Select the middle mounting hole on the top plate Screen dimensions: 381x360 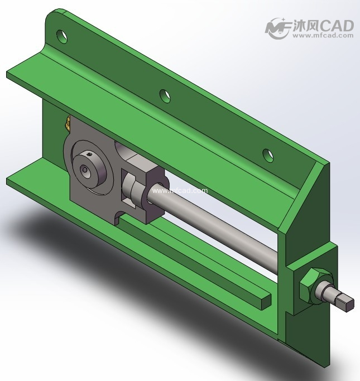[164, 96]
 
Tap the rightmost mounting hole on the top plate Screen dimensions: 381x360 [268, 154]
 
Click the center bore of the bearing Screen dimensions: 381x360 [85, 169]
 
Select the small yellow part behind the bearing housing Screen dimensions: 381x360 [66, 123]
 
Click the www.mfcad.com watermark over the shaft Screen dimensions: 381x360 [179, 191]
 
